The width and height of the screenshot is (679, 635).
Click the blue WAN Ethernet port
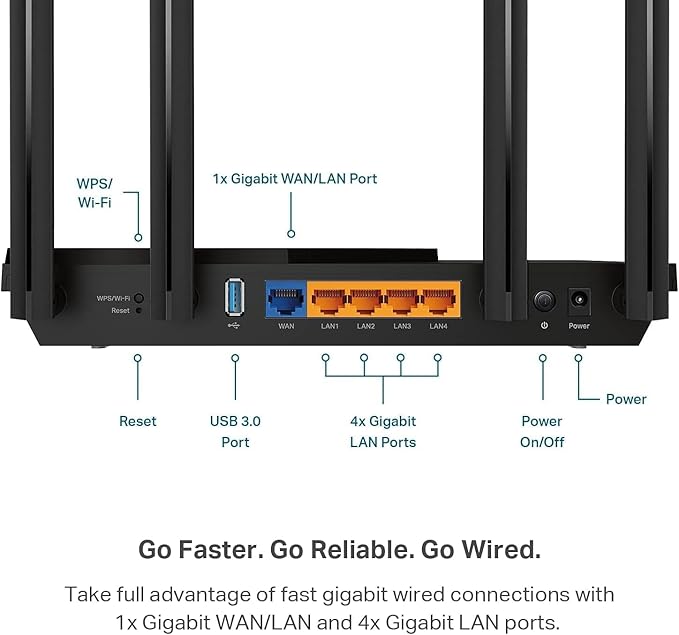286,298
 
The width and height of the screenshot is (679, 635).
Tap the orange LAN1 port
329,298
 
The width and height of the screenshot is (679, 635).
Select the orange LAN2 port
366,298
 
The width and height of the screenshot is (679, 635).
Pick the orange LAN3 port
402,298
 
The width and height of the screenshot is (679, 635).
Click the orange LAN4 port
438,298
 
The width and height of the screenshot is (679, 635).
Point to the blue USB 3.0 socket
235,297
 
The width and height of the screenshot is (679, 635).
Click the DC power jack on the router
579,299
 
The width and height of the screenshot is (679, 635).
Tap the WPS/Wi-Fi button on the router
139,298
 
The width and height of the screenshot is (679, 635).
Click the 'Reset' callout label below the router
138,421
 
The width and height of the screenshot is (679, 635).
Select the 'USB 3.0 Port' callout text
235,431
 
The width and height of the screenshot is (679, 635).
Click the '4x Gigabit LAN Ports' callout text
382,431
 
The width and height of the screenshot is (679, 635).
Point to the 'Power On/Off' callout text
542,431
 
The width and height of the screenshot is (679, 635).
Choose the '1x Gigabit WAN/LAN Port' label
294,179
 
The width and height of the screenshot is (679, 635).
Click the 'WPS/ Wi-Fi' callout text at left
95,193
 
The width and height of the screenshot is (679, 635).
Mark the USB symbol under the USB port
235,325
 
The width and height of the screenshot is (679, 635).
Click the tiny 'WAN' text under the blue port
286,326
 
